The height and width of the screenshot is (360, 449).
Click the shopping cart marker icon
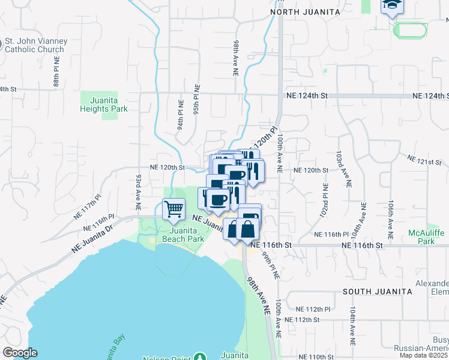pyautogui.click(x=174, y=209)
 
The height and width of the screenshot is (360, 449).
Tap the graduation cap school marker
pyautogui.click(x=393, y=6)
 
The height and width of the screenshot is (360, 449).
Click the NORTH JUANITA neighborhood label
pyautogui.click(x=306, y=11)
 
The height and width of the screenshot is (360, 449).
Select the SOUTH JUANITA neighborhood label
pyautogui.click(x=377, y=291)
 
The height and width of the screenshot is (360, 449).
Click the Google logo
pyautogui.click(x=20, y=353)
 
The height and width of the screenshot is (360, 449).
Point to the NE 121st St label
pyautogui.click(x=424, y=160)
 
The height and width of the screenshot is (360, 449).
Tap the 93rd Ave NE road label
pyautogui.click(x=137, y=191)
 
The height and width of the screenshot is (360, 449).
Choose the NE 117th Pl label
pyautogui.click(x=88, y=205)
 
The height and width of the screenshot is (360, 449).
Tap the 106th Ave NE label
pyautogui.click(x=391, y=213)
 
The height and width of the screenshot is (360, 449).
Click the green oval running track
pyautogui.click(x=411, y=30)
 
